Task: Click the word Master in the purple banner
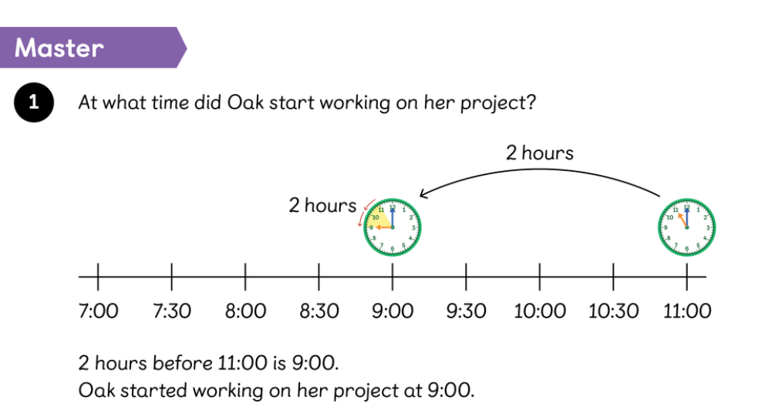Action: [x=59, y=48]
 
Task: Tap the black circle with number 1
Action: [x=34, y=102]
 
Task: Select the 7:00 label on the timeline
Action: [x=98, y=311]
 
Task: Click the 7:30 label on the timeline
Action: [x=172, y=311]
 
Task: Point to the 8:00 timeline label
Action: [x=245, y=311]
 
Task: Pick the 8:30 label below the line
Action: [x=319, y=311]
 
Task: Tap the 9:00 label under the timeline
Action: [x=393, y=311]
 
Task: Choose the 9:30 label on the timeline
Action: [x=467, y=311]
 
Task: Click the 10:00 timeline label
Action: [x=540, y=311]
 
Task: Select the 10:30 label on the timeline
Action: [x=613, y=311]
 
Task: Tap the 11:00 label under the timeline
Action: [x=687, y=311]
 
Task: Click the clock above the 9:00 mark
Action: [x=393, y=227]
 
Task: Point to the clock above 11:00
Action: [x=686, y=227]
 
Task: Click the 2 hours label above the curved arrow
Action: [x=540, y=153]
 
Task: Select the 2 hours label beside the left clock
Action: [x=322, y=205]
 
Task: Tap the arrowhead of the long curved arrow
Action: [x=423, y=194]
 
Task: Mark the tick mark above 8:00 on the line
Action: [x=245, y=277]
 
